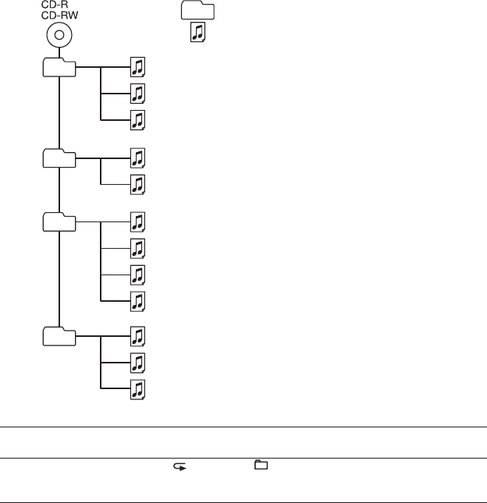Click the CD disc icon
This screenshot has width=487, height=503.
[x=59, y=36]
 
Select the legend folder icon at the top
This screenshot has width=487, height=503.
[x=198, y=10]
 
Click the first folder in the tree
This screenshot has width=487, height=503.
[x=59, y=68]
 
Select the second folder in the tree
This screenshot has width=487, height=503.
[x=59, y=158]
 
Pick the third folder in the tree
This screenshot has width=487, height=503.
[x=59, y=221]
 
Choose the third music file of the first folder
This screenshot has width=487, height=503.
[x=137, y=120]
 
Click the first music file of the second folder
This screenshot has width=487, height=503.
[x=137, y=158]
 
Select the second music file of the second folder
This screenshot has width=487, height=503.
[x=137, y=184]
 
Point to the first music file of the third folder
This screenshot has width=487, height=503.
[x=137, y=221]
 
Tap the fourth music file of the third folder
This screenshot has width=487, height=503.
[x=137, y=300]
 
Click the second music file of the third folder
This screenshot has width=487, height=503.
[x=137, y=248]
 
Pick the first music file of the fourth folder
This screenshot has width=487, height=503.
[x=137, y=336]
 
